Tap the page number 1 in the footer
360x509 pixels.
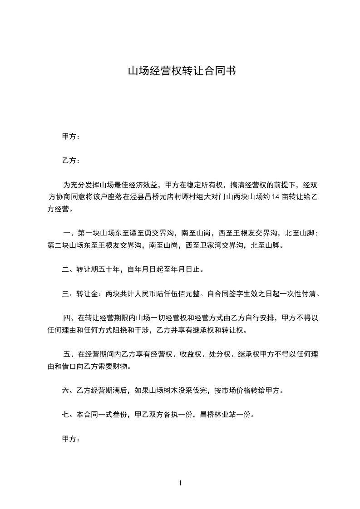coord(180,483)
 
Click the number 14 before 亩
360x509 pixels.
coord(271,197)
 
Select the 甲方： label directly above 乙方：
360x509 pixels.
coord(71,136)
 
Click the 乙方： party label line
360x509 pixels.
coord(71,161)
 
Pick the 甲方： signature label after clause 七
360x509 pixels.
coord(71,439)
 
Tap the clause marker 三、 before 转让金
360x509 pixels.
coord(69,294)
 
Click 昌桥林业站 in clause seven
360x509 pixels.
coord(218,415)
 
